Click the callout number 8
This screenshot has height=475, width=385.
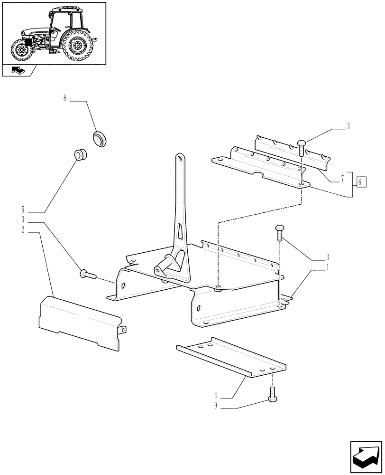65,100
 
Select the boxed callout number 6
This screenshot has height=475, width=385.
360,181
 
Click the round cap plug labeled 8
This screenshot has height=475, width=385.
101,139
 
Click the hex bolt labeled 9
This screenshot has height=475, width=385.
272,394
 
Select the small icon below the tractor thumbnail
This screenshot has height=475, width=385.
18,71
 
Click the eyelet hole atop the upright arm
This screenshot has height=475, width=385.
181,157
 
